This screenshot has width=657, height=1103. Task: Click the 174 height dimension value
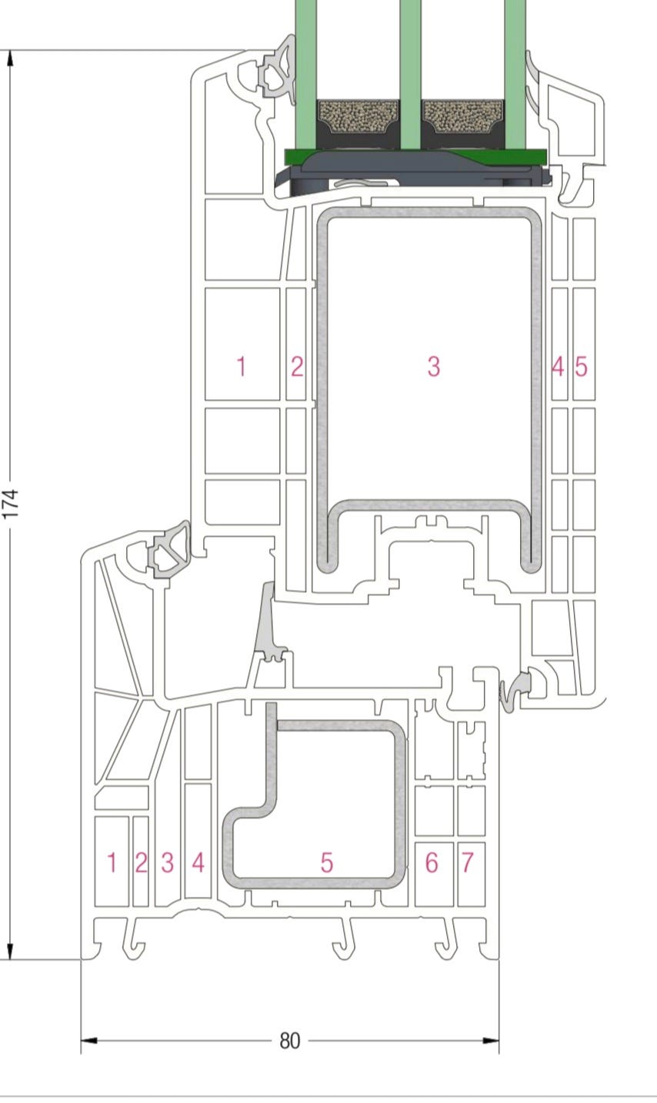(10, 503)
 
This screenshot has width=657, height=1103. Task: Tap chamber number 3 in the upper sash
(433, 366)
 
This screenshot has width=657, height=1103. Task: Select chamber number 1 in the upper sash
(242, 366)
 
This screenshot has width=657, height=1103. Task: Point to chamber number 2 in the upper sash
(297, 366)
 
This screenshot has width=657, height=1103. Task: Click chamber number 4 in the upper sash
(558, 366)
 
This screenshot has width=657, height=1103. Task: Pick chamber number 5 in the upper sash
(581, 366)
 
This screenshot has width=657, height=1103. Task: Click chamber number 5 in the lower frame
(326, 863)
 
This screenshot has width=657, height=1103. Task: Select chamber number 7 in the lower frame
(467, 863)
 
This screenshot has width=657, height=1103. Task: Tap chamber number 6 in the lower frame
(432, 863)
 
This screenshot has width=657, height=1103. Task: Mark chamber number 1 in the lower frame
(112, 863)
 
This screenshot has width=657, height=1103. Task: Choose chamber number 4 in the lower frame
(198, 863)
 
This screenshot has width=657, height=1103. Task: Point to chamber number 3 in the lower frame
(168, 863)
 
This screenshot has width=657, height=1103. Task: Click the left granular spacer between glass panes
(358, 117)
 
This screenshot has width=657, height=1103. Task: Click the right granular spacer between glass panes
(463, 117)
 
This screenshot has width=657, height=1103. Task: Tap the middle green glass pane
(410, 74)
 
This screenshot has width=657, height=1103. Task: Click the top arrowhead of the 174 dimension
(10, 59)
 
